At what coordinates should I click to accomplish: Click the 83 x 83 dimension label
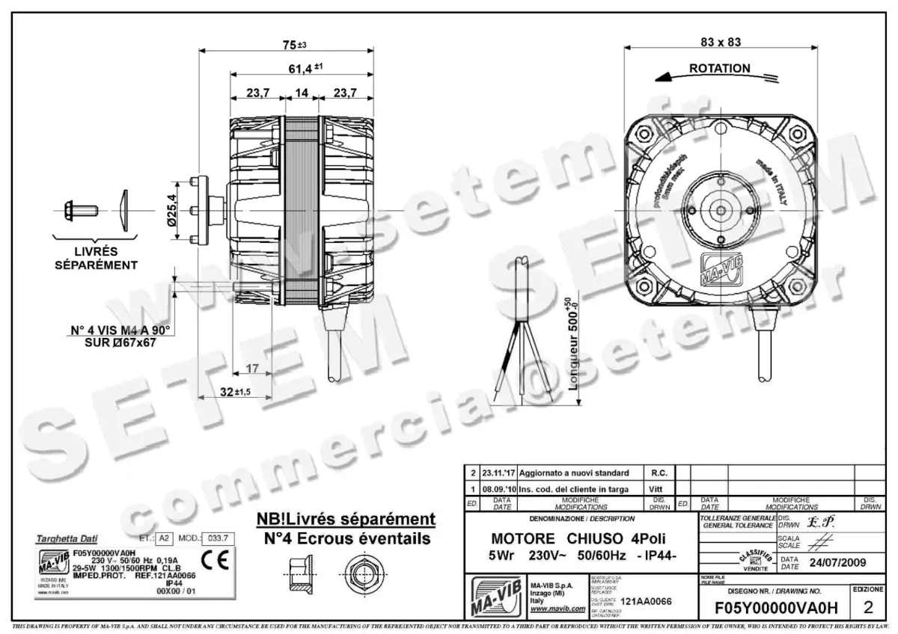click(721, 42)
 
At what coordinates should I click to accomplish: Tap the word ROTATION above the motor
click(719, 68)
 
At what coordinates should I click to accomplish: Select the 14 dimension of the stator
click(302, 93)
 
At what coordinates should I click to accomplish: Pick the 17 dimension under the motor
click(252, 368)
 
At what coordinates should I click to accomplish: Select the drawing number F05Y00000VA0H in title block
click(777, 607)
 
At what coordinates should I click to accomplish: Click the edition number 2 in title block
click(868, 606)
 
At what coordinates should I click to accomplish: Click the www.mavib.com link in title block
click(557, 609)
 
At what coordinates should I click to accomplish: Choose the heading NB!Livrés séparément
click(346, 519)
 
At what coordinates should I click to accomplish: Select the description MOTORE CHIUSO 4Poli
click(577, 539)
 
